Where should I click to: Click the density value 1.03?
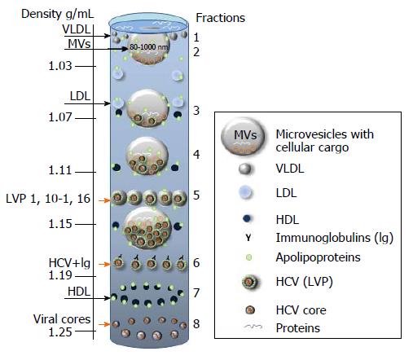pyautogui.click(x=60, y=66)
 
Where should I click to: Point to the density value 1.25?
pyautogui.click(x=60, y=331)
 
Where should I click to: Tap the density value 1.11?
pyautogui.click(x=60, y=170)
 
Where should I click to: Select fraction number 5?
pyautogui.click(x=196, y=195)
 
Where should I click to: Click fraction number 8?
pyautogui.click(x=196, y=323)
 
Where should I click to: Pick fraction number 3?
pyautogui.click(x=196, y=111)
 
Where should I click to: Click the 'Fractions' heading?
pyautogui.click(x=220, y=18)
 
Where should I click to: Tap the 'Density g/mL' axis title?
pyautogui.click(x=58, y=14)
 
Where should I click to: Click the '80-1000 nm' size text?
pyautogui.click(x=149, y=47)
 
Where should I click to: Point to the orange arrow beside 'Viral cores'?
pyautogui.click(x=104, y=324)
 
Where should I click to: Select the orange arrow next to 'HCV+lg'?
pyautogui.click(x=104, y=264)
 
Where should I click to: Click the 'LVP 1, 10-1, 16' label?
pyautogui.click(x=48, y=199)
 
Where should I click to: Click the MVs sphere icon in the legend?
pyautogui.click(x=243, y=136)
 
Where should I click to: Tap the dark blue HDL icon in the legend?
pyautogui.click(x=247, y=218)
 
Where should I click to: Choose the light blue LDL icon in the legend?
pyautogui.click(x=246, y=192)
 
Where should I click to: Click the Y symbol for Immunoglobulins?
pyautogui.click(x=248, y=238)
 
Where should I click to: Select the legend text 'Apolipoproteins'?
pyautogui.click(x=318, y=257)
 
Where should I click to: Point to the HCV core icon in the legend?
pyautogui.click(x=250, y=310)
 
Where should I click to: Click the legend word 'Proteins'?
pyautogui.click(x=298, y=328)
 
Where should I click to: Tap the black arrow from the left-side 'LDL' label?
pyautogui.click(x=87, y=103)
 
